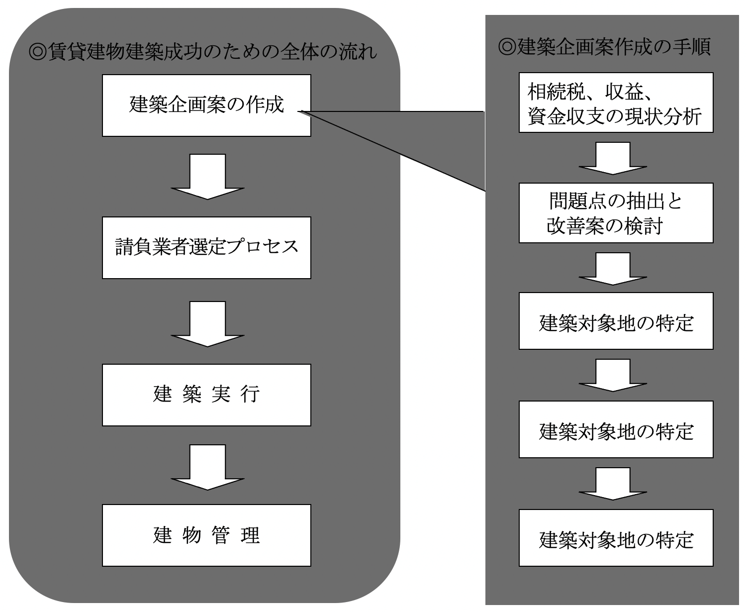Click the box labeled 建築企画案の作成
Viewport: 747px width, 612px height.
coord(206,105)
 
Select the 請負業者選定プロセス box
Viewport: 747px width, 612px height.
coord(206,247)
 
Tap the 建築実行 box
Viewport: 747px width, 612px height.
coord(206,395)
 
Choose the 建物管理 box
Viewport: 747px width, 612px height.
coord(206,535)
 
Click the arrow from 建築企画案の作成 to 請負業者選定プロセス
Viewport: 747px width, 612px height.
coord(207,177)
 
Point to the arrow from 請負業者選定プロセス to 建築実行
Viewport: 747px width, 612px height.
coord(207,324)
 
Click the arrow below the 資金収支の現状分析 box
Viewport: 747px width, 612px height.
coord(613,158)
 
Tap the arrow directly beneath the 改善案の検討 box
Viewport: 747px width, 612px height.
coord(613,269)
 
